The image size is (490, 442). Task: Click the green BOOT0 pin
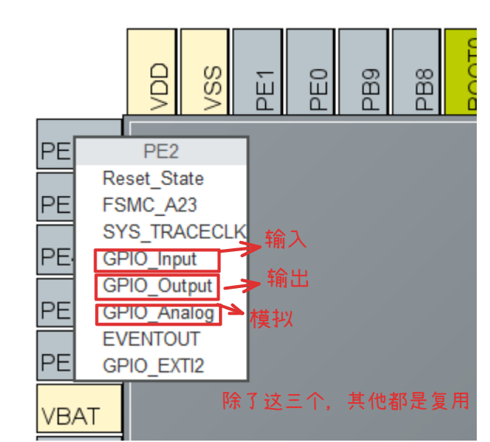pos(463,71)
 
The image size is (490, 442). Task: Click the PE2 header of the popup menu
pos(161,152)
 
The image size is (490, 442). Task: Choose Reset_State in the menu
pos(153,178)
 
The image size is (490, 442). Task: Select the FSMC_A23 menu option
pos(150,205)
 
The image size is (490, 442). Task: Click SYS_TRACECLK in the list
pos(174,231)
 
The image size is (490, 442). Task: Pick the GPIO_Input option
pos(150,259)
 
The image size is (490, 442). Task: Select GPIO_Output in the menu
pos(158,286)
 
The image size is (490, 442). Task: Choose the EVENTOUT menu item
pos(152,339)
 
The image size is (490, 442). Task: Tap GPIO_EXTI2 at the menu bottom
pos(153,365)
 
